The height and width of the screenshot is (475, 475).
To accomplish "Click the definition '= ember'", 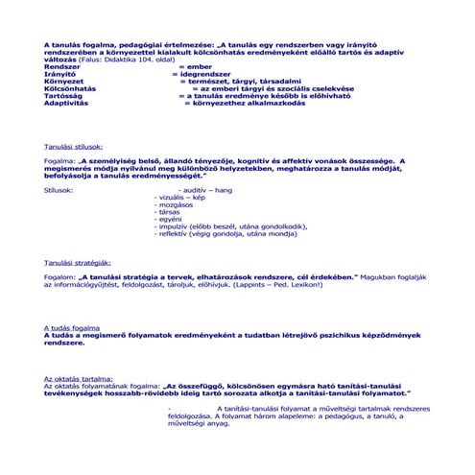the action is [x=195, y=65].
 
